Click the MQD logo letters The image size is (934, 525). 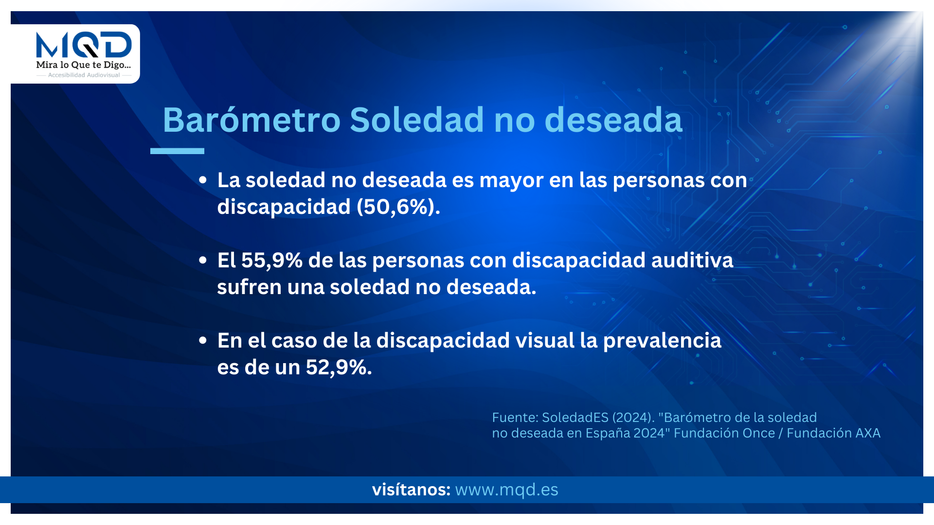tap(84, 45)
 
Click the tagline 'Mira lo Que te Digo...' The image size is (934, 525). tap(84, 65)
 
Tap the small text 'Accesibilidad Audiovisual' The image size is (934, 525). tap(84, 75)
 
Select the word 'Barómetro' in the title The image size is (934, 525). tap(251, 120)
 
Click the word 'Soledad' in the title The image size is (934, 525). tap(417, 120)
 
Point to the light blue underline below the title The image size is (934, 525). tap(177, 151)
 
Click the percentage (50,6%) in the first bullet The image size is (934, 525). tap(398, 207)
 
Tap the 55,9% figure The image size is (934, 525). tap(272, 260)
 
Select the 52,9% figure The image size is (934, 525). tap(339, 367)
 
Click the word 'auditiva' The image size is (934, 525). tap(692, 260)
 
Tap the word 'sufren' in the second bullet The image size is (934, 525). tap(249, 287)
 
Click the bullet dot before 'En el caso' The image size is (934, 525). tap(203, 340)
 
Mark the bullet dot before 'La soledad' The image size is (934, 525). tap(203, 180)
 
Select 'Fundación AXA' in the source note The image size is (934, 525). tap(833, 433)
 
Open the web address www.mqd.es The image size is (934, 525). tap(506, 490)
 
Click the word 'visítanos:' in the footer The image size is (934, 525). tap(411, 490)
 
